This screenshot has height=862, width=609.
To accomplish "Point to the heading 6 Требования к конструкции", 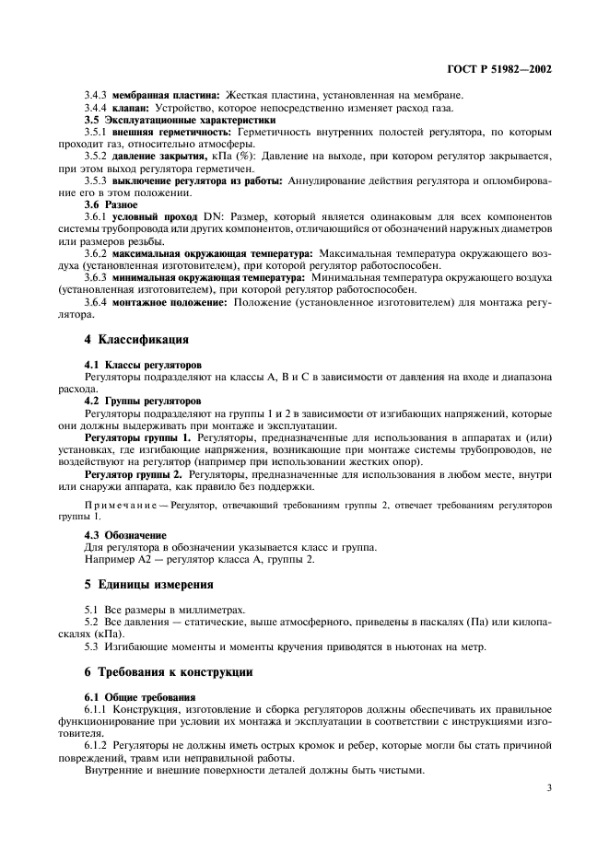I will coord(169,671).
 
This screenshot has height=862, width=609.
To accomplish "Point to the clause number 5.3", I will coord(92,645).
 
